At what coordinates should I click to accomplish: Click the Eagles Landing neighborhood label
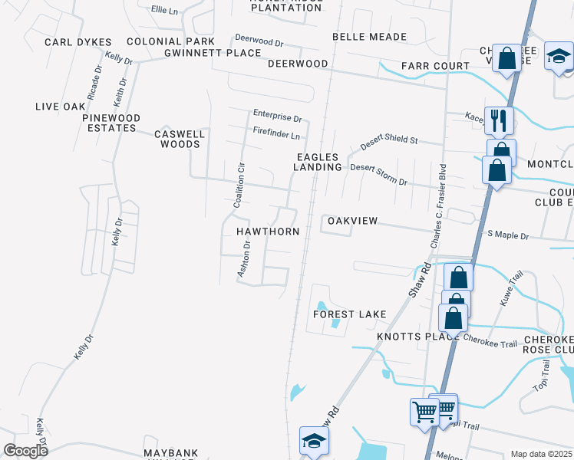318,162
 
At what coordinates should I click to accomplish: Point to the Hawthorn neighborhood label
267,231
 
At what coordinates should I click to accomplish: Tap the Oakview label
353,221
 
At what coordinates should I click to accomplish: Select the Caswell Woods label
180,139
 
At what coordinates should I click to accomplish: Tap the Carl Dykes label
78,42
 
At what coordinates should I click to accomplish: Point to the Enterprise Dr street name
277,117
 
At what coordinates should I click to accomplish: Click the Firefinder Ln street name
275,136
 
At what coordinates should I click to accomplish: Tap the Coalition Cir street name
239,186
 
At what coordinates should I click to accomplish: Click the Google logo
26,451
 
